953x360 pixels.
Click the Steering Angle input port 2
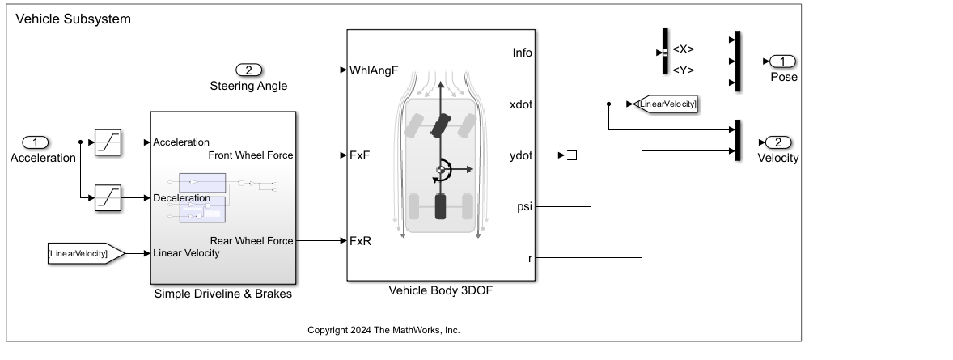[249, 70]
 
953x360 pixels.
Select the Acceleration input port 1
[36, 142]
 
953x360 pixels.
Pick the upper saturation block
[108, 142]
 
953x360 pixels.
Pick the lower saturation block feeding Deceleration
[108, 197]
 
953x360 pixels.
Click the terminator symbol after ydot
[570, 155]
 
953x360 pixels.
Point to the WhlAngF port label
[374, 70]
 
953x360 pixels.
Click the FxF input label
[360, 155]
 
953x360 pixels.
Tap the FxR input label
[360, 241]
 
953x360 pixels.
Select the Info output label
[522, 53]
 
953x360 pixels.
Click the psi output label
[524, 207]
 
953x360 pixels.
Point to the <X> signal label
[684, 49]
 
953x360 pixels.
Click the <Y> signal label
[684, 70]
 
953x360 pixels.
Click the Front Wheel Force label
[251, 155]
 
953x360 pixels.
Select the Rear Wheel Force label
[252, 240]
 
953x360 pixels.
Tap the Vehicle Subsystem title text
[73, 18]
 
